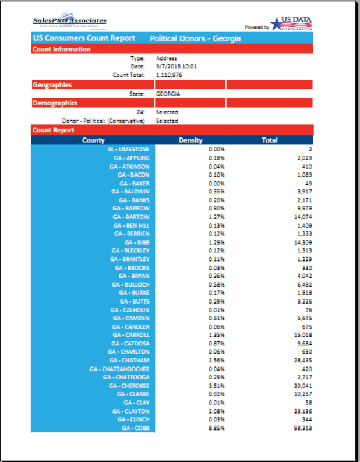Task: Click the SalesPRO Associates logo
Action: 69,22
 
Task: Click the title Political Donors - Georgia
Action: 195,38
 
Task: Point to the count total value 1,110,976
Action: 170,75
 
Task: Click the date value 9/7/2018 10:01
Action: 176,66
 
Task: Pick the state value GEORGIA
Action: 168,94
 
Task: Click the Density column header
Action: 190,140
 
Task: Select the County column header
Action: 93,140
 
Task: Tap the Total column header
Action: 270,140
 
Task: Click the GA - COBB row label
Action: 136,428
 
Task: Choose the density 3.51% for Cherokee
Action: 217,386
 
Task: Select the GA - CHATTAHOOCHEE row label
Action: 119,369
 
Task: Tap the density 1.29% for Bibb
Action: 217,242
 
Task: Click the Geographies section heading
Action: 52,85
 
